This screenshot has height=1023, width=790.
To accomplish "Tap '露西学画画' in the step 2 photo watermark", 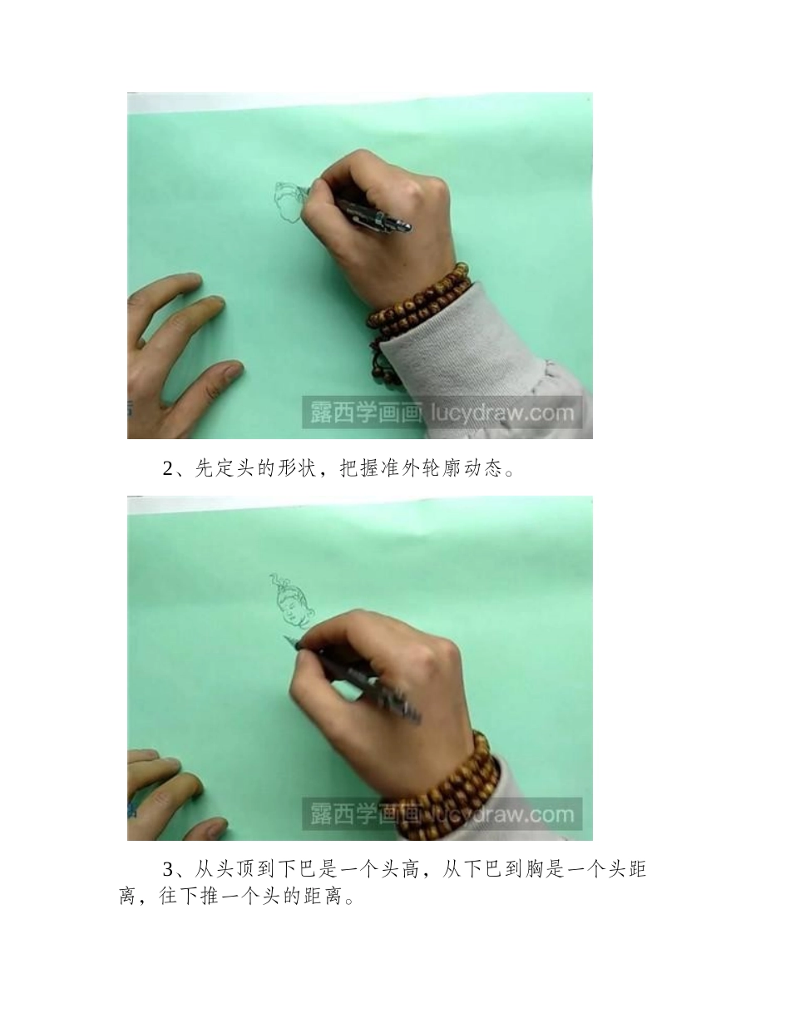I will pyautogui.click(x=366, y=413).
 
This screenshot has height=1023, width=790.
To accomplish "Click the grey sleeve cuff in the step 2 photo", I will pyautogui.click(x=491, y=358).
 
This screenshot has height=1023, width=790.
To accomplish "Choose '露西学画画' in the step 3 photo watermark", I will pyautogui.click(x=366, y=813).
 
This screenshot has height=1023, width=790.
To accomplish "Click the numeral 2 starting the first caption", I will pyautogui.click(x=167, y=469).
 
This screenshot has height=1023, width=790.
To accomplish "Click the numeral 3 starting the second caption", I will pyautogui.click(x=167, y=870).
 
